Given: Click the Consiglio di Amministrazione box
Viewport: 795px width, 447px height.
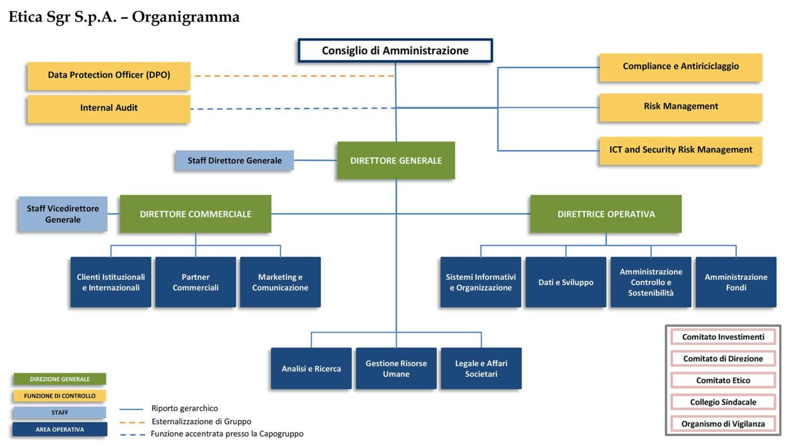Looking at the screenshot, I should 395,50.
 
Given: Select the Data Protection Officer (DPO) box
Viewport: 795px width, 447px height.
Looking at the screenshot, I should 109,76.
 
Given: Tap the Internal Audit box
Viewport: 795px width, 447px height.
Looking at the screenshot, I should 109,108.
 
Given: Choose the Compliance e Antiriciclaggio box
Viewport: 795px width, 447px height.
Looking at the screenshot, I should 680,67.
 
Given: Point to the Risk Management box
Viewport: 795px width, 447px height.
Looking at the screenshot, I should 680,107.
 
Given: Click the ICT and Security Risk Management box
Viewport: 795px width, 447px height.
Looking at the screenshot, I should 680,150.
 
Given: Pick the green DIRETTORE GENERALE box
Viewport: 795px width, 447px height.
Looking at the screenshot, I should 396,161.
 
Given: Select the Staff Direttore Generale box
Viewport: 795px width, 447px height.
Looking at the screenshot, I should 235,161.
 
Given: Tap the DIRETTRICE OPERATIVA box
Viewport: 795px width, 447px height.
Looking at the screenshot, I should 606,214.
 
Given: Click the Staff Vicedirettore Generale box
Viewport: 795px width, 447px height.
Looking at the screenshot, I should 63,214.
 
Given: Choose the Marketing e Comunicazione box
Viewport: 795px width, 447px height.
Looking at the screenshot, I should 280,282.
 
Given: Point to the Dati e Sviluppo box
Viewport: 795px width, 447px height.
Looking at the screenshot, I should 565,282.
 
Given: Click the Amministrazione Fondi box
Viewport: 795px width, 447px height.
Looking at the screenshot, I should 735,282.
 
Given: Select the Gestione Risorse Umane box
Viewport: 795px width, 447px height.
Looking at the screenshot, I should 396,369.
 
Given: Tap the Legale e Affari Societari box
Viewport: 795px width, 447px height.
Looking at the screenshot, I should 481,369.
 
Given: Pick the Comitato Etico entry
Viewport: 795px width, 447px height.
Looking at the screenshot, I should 723,380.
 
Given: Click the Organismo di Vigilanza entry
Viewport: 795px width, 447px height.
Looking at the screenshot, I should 723,424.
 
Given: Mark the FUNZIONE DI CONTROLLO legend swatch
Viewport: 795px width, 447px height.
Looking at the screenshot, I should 60,396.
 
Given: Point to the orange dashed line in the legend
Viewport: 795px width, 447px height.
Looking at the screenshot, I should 132,422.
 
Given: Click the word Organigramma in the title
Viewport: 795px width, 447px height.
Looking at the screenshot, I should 185,17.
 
